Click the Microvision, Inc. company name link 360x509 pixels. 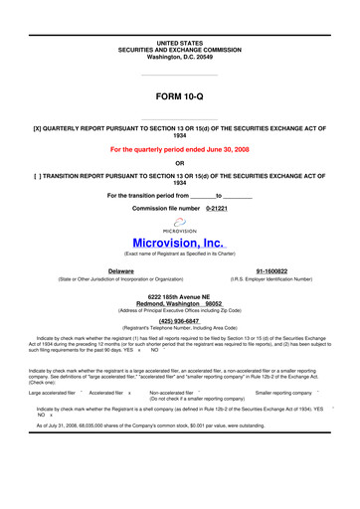coord(179,242)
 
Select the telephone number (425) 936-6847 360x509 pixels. coord(179,322)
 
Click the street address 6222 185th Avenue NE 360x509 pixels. coord(179,296)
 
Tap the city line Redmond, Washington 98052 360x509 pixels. coord(179,303)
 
